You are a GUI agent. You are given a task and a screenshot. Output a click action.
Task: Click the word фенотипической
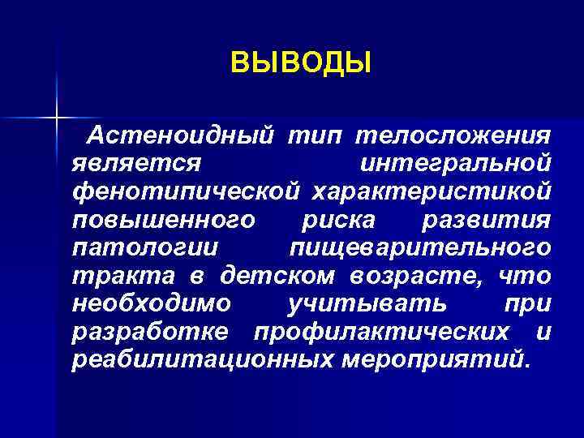point(186,191)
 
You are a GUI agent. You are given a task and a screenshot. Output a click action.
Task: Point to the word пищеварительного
point(419,247)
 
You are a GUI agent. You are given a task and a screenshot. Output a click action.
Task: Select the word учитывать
point(367,303)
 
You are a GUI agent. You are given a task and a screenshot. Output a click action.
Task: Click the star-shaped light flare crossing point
point(57,118)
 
